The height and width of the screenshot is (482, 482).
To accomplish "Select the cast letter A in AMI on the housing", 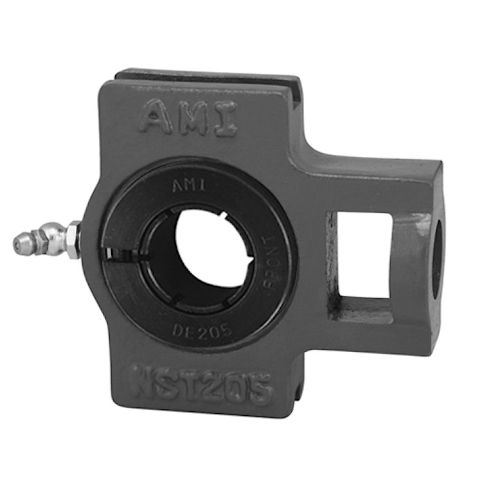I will pos(154,119).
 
